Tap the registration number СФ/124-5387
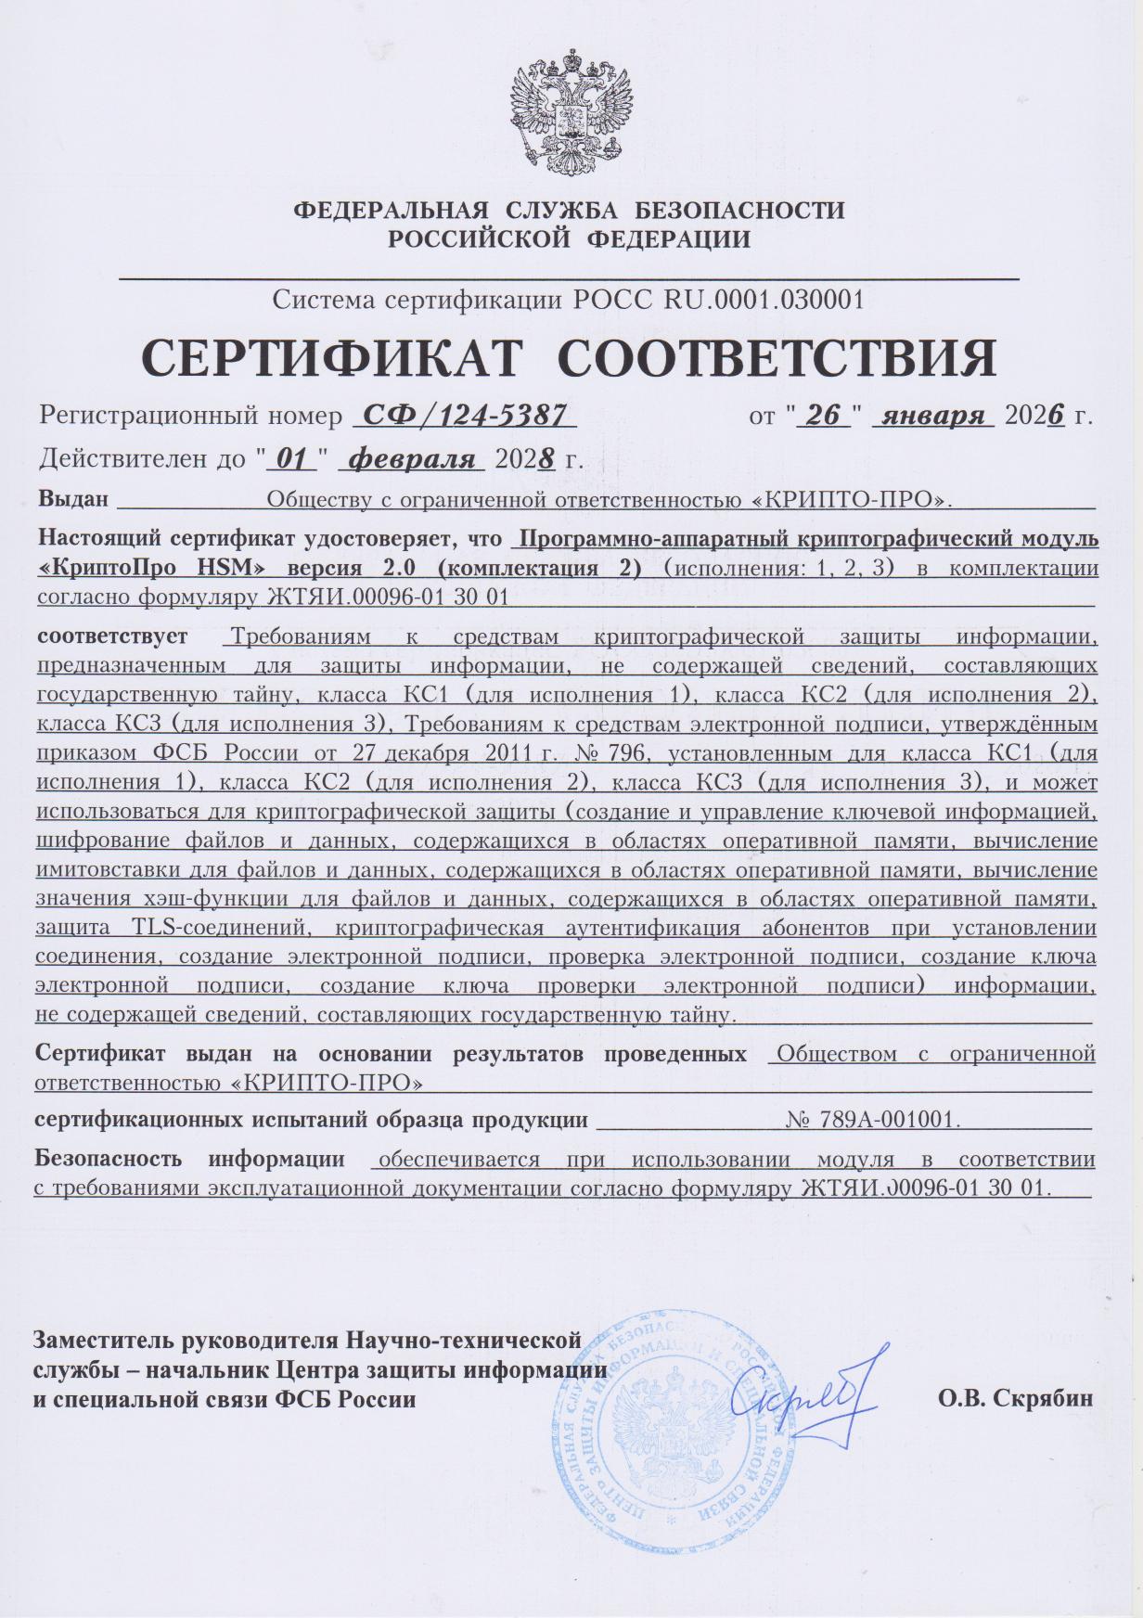click(465, 415)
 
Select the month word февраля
click(415, 457)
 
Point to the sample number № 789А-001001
click(871, 1120)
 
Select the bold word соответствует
click(112, 637)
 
